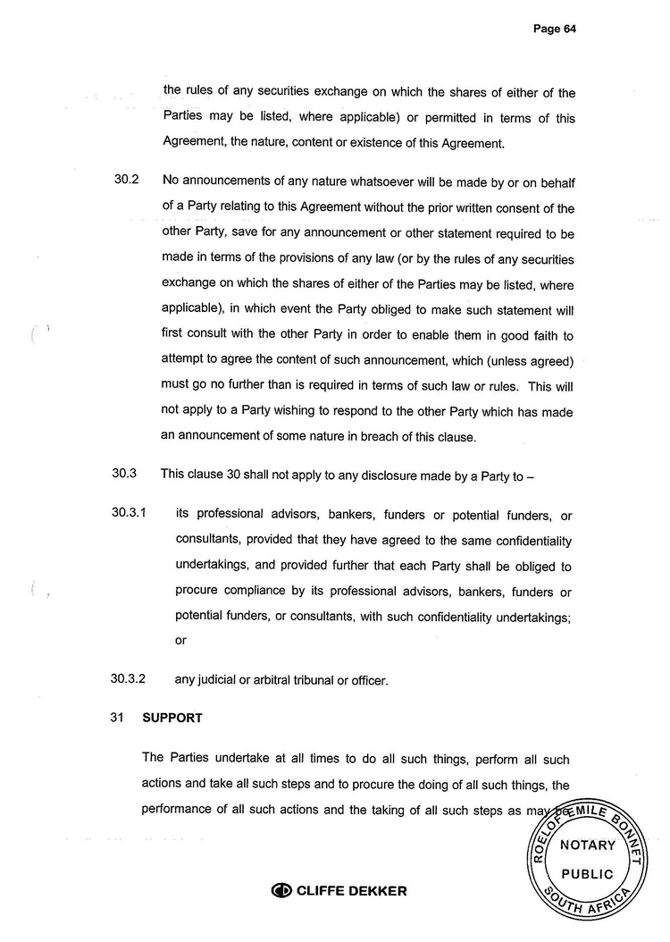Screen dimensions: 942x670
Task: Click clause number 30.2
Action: point(127,181)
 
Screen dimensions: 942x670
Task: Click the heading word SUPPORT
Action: point(172,718)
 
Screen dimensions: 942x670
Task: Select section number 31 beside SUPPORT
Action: point(115,718)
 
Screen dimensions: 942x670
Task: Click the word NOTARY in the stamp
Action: point(587,845)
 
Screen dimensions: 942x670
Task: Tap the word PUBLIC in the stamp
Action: point(587,873)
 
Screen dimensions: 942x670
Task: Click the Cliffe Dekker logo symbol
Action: point(281,890)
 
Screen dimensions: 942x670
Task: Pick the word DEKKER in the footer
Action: point(375,890)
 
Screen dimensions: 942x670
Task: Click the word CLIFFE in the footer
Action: point(319,890)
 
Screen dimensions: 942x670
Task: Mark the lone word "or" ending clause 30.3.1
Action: point(180,640)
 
